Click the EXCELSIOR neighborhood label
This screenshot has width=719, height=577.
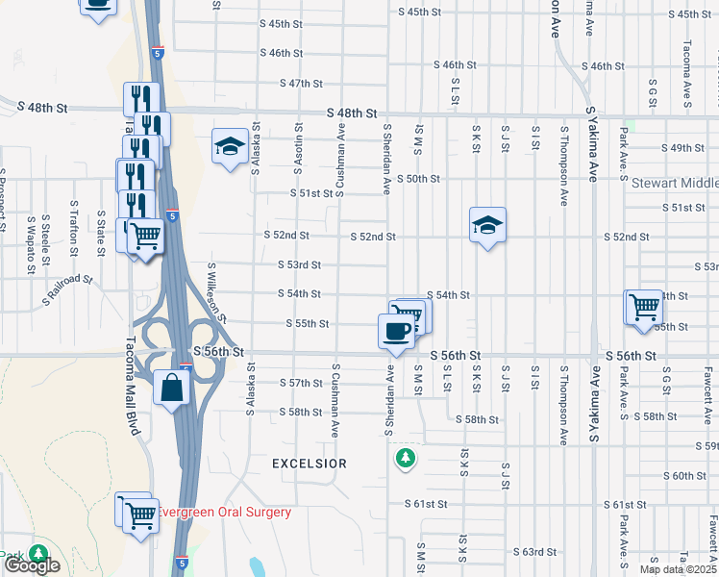pyautogui.click(x=309, y=464)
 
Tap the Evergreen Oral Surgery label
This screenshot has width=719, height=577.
pyautogui.click(x=224, y=513)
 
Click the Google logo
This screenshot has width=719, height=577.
pyautogui.click(x=32, y=565)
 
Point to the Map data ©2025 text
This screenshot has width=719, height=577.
pyautogui.click(x=678, y=569)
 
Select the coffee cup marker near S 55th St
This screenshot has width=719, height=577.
pyautogui.click(x=396, y=332)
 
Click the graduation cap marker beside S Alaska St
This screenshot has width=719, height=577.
pyautogui.click(x=230, y=147)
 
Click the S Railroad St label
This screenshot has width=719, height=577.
pyautogui.click(x=67, y=291)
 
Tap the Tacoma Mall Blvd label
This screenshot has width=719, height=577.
pyautogui.click(x=133, y=385)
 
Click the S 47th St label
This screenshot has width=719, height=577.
pyautogui.click(x=301, y=84)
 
